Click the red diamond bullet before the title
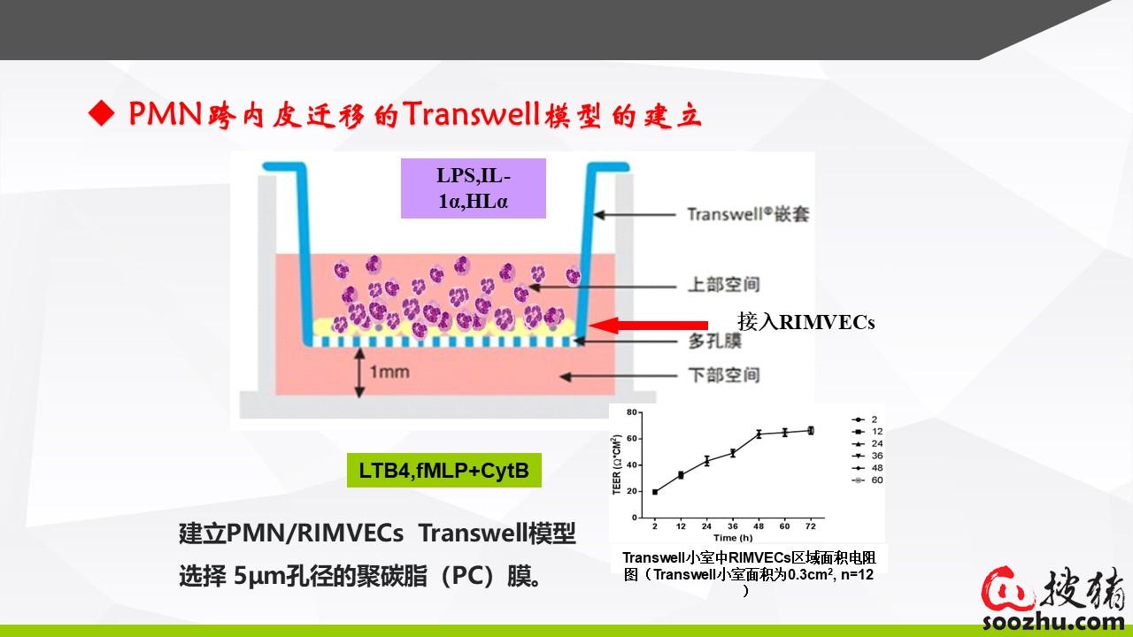pyautogui.click(x=102, y=113)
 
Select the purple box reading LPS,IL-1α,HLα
pyautogui.click(x=474, y=188)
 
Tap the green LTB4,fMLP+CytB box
pyautogui.click(x=444, y=470)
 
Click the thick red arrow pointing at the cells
pyautogui.click(x=649, y=325)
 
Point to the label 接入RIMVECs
pyautogui.click(x=805, y=322)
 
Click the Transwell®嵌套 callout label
pyautogui.click(x=748, y=214)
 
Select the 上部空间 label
pyautogui.click(x=724, y=285)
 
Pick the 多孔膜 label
pyautogui.click(x=714, y=341)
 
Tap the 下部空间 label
pyautogui.click(x=724, y=375)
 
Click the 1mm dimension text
pyautogui.click(x=389, y=372)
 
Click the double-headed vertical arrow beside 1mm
pyautogui.click(x=359, y=373)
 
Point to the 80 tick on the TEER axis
pyautogui.click(x=632, y=412)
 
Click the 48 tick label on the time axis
pyautogui.click(x=759, y=526)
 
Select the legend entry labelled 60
pyautogui.click(x=868, y=480)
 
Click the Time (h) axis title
pyautogui.click(x=733, y=538)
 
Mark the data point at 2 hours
pyautogui.click(x=655, y=492)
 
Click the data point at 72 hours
pyautogui.click(x=811, y=431)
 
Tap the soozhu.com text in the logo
pyautogui.click(x=1053, y=621)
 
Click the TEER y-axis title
pyautogui.click(x=617, y=464)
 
